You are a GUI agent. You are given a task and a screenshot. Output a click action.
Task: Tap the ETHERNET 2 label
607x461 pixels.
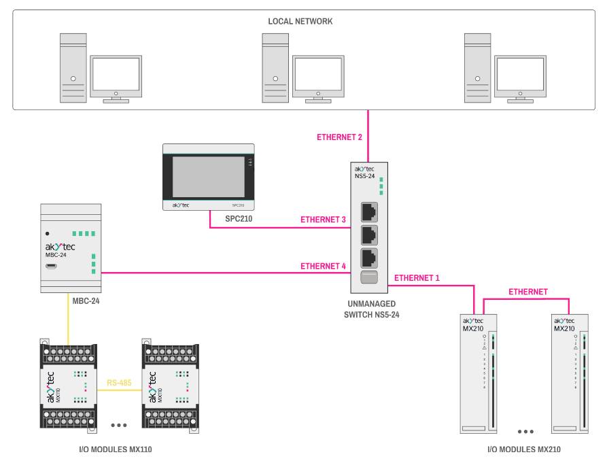tap(341, 137)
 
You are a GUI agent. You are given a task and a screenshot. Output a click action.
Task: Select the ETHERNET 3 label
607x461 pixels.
tap(324, 220)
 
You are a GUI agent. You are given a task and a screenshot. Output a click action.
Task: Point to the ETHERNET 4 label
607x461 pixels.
tap(324, 266)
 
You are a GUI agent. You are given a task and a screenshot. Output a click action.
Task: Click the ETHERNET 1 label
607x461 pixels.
tap(417, 278)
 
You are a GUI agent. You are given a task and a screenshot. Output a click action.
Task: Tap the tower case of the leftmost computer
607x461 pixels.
tap(73, 69)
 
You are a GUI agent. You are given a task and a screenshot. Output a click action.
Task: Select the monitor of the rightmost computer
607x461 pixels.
tap(521, 74)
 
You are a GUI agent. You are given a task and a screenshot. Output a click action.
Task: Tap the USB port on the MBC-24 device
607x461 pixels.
tap(51, 262)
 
